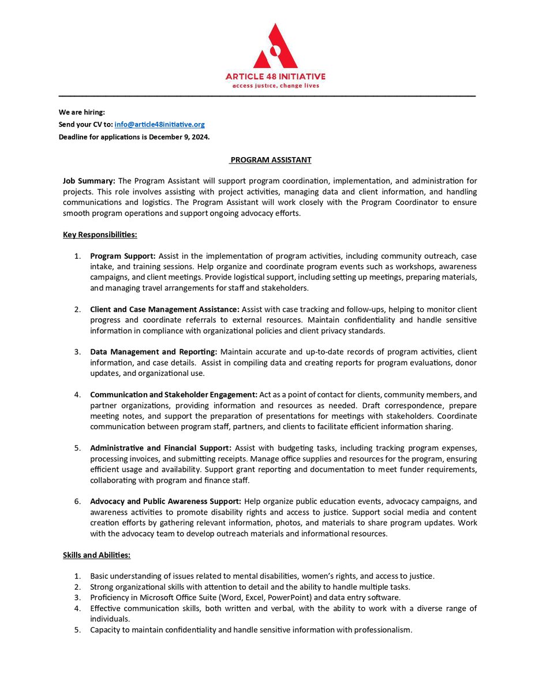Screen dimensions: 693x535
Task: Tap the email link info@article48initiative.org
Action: tap(159, 124)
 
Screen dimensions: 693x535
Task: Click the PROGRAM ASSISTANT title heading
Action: tap(271, 160)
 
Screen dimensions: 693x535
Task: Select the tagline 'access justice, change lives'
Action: tap(275, 85)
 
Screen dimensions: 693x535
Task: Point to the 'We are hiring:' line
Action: tap(82, 112)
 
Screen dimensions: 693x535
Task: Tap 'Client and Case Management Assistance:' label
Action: tap(164, 310)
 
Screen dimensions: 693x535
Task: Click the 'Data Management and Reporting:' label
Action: tap(154, 352)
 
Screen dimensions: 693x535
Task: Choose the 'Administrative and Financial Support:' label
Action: tap(160, 448)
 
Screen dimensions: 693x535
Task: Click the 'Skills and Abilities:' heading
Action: tap(96, 555)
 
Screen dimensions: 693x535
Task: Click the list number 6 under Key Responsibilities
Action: tap(77, 501)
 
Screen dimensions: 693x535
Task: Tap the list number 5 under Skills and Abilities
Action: tap(77, 629)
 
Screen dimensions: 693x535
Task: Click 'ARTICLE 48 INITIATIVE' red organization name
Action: tap(275, 76)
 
